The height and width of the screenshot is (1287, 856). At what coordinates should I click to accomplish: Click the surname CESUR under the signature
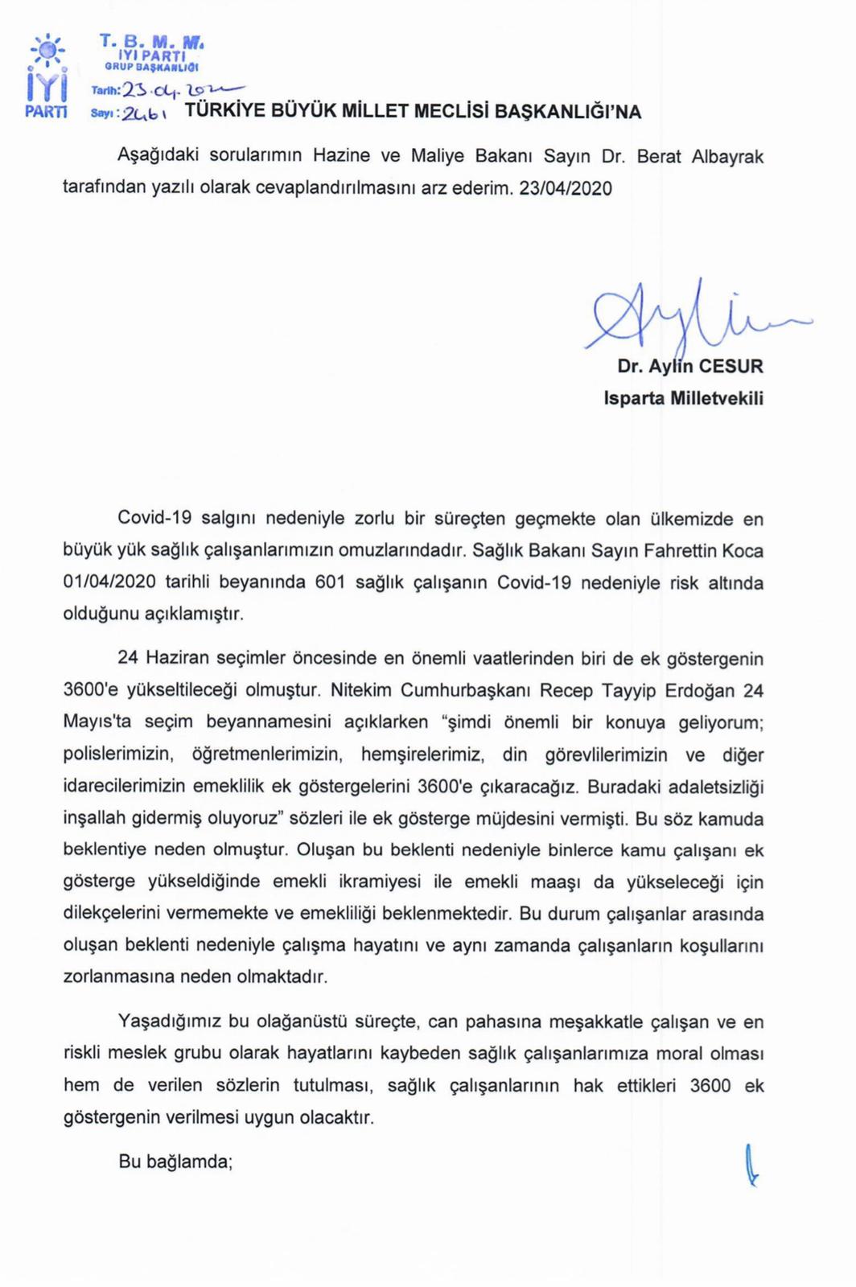[730, 366]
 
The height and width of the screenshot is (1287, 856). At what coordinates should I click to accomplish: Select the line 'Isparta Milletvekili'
[683, 398]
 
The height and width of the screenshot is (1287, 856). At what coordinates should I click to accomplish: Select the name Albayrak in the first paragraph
[727, 156]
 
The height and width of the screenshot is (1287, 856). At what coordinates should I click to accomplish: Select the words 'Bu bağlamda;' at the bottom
[175, 1161]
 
